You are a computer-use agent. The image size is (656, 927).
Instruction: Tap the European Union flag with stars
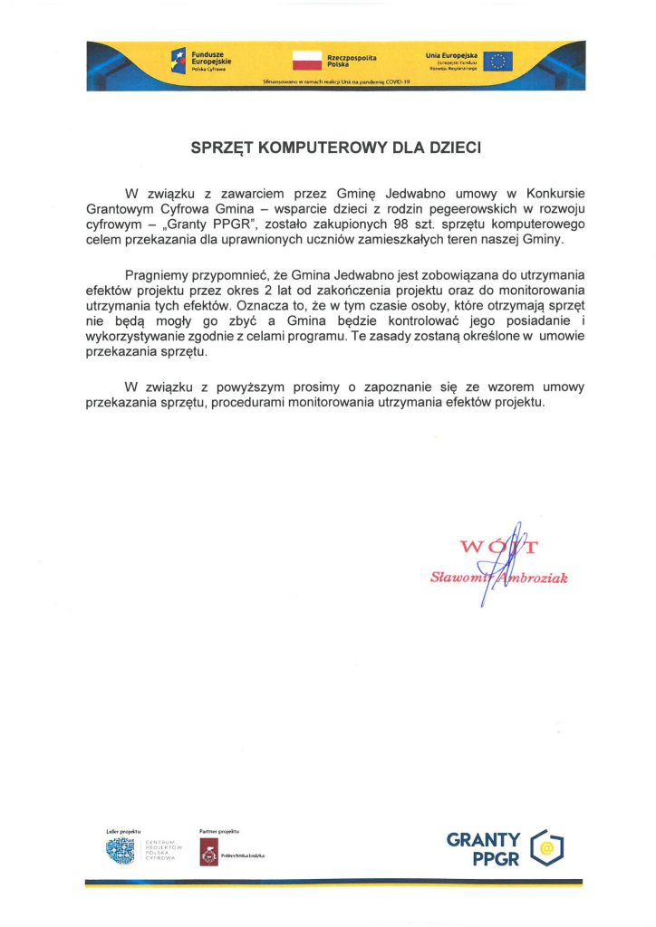click(497, 61)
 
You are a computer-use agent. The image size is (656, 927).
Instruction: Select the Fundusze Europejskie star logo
click(178, 61)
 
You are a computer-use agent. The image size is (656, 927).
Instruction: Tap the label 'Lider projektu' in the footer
click(123, 830)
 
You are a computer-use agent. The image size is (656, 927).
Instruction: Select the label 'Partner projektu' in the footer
click(218, 830)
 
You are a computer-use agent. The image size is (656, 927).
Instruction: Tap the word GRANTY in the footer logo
click(484, 840)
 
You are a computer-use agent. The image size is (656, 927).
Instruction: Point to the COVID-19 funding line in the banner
click(335, 81)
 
